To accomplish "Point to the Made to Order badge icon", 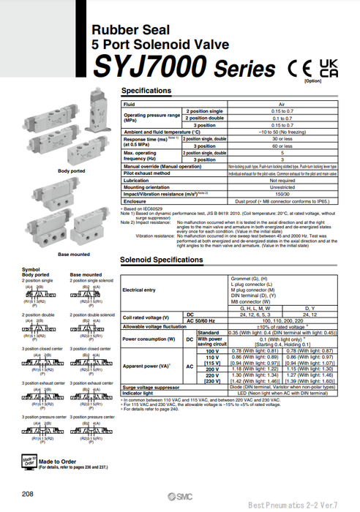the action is (x=29, y=461).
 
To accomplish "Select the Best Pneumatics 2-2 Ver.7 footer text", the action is (x=310, y=505).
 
